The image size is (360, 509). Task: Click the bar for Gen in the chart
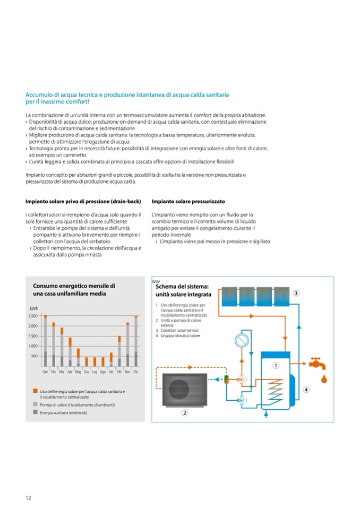coord(45,340)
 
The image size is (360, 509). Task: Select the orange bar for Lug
coord(95,361)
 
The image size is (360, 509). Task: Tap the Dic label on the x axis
coord(136,373)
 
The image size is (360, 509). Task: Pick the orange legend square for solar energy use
coord(35,392)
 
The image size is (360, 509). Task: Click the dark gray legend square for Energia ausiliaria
coord(35,412)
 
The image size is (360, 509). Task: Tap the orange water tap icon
coord(319,365)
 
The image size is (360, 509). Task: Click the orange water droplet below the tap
coord(323,379)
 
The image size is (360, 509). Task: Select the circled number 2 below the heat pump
coord(184,412)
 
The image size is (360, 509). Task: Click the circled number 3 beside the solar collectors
coord(296,293)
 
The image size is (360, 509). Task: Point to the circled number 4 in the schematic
coord(306,390)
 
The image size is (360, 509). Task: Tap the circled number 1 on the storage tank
coord(276,366)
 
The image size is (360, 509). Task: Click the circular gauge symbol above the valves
coord(241,340)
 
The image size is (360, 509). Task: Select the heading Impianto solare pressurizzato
coord(188,202)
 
